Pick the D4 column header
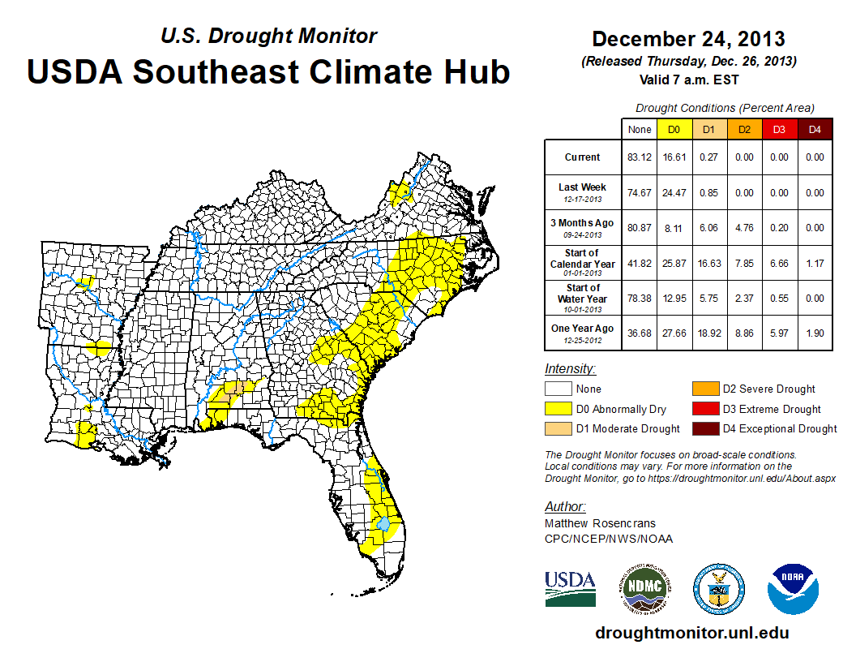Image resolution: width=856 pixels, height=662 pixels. (x=815, y=129)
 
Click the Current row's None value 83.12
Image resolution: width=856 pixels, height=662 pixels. (x=640, y=157)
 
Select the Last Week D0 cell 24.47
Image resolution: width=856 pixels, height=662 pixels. (x=674, y=193)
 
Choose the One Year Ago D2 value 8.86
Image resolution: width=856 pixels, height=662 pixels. (x=744, y=333)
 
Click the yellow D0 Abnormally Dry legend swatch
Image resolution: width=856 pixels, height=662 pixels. (x=559, y=409)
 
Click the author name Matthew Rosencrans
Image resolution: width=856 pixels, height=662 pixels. (x=599, y=523)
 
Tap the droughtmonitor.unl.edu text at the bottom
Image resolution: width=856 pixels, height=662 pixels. (x=691, y=633)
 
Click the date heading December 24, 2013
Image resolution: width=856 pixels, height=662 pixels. (x=688, y=39)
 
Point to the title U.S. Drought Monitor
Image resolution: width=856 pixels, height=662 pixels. (x=268, y=36)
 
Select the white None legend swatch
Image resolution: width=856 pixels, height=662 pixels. (x=559, y=389)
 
